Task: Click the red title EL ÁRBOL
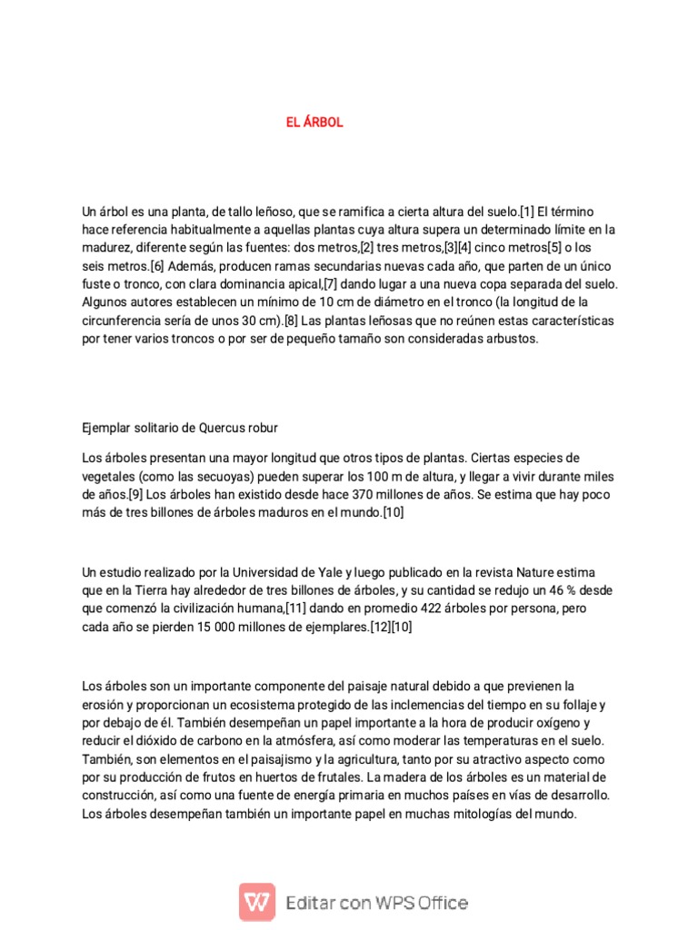click(x=314, y=123)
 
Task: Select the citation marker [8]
click(x=291, y=321)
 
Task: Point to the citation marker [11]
click(x=300, y=608)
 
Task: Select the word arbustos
click(x=514, y=339)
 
